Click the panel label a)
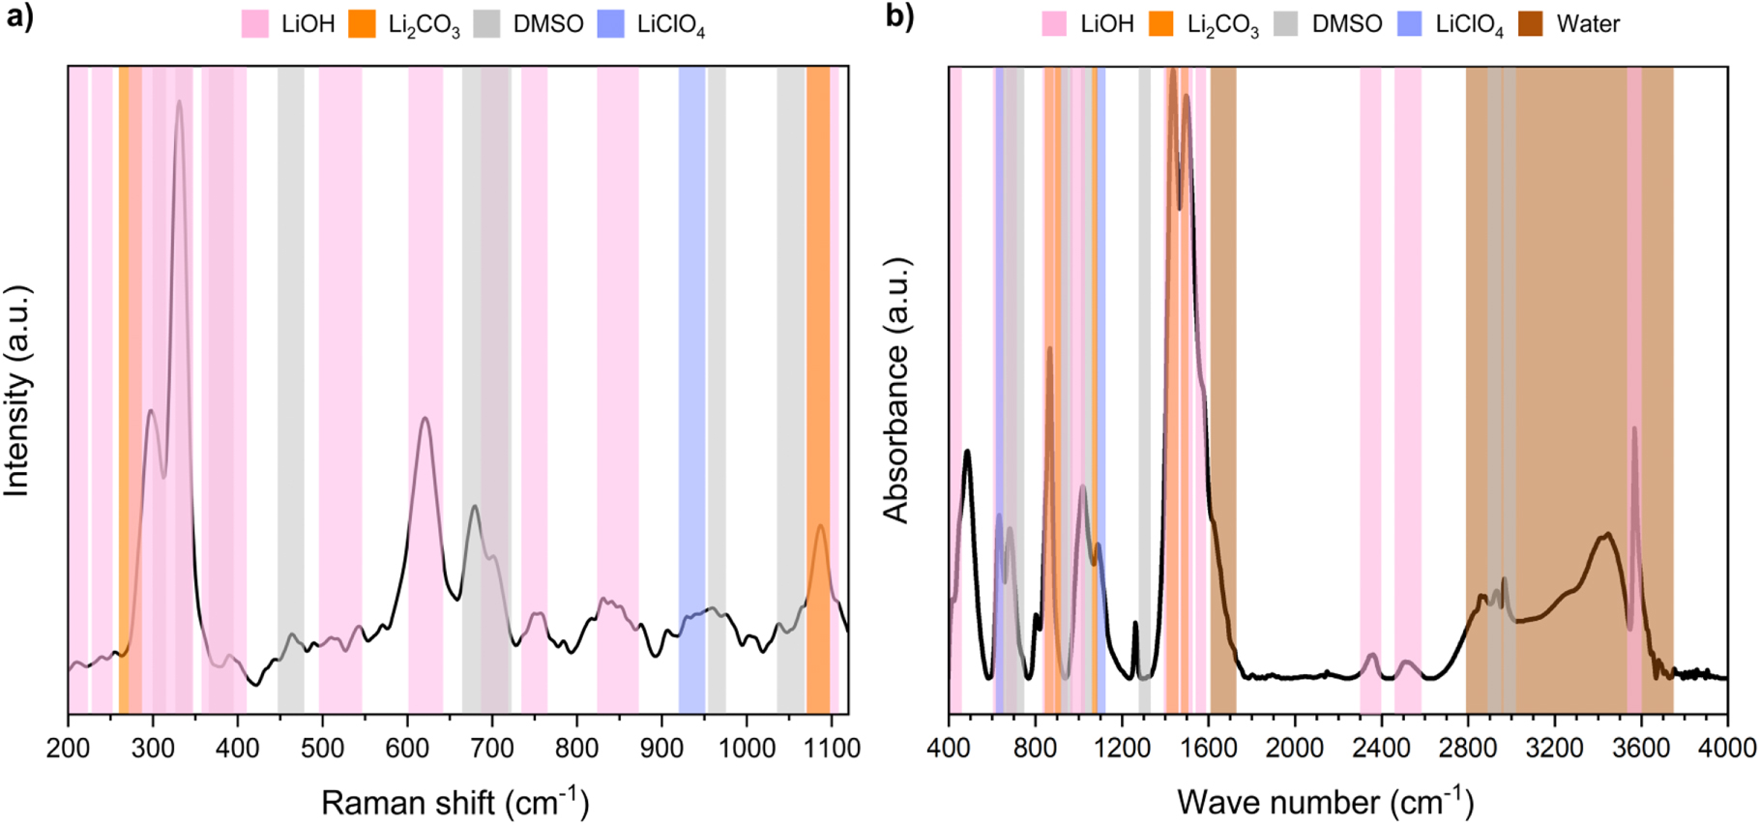pos(19,17)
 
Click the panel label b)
pos(898,17)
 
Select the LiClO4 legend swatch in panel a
pos(610,24)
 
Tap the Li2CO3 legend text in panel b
pos(1222,25)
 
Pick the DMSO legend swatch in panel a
pos(486,24)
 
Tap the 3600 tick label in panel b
pos(1641,748)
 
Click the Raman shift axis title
pos(455,802)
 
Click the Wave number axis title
pos(1325,802)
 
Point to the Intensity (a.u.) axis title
pos(18,391)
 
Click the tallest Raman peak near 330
pos(179,102)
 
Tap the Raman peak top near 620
pos(425,419)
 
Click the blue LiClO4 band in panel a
pos(691,387)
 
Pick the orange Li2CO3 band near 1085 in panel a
pos(818,387)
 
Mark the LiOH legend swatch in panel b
pos(1054,24)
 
